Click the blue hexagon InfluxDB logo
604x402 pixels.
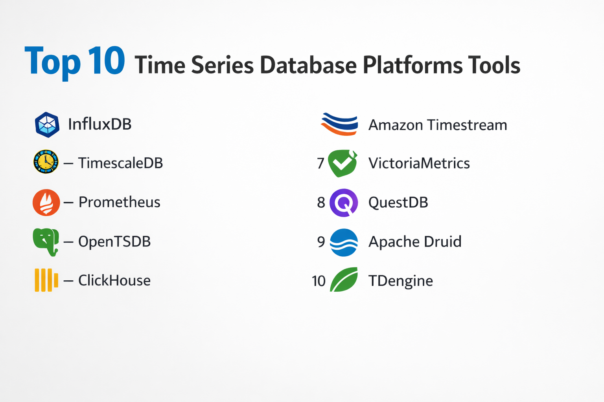(47, 125)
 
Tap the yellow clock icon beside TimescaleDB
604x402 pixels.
(46, 162)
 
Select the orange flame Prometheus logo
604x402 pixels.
(46, 203)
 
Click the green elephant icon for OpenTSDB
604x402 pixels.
(46, 242)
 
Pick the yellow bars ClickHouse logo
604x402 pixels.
(46, 280)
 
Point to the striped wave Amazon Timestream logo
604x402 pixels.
(339, 124)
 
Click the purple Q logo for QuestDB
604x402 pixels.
(344, 203)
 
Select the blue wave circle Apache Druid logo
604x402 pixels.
(344, 242)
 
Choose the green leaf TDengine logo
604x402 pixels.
(344, 280)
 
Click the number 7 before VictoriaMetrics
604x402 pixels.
(320, 163)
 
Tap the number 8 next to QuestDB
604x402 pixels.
(321, 203)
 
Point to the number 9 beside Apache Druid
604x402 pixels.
(321, 242)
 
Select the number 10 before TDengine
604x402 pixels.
(319, 281)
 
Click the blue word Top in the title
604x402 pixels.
(53, 63)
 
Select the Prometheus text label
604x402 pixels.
(120, 202)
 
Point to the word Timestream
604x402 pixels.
(467, 125)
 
